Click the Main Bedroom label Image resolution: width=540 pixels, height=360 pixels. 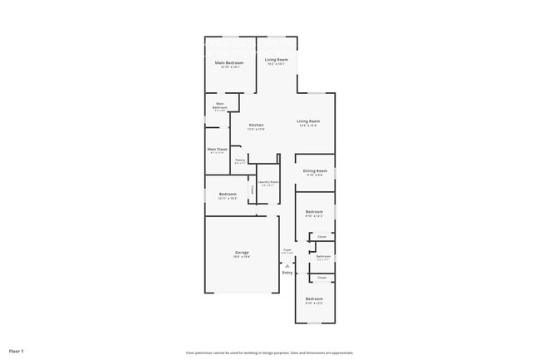[228, 62]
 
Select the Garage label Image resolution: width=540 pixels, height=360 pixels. [241, 252]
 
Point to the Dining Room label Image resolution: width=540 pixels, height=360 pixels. [315, 170]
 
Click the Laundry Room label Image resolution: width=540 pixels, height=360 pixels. [268, 181]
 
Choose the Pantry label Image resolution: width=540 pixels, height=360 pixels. [239, 160]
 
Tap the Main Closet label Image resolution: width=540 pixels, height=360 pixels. [218, 149]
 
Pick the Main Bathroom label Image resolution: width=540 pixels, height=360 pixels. [220, 106]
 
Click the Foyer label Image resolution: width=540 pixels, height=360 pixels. [287, 249]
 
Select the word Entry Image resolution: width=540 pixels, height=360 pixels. [287, 273]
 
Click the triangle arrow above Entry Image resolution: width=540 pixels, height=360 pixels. [287, 265]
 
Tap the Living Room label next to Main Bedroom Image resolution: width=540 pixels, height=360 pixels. [277, 59]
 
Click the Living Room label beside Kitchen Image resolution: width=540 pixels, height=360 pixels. [309, 121]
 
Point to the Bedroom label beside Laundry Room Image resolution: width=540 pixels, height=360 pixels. [228, 194]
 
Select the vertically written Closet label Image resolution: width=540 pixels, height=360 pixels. [253, 190]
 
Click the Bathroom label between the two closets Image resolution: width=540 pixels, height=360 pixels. [323, 256]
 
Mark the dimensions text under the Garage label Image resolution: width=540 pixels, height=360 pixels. [241, 257]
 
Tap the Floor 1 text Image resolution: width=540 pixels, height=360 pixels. [17, 351]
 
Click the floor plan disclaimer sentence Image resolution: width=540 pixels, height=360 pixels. [269, 353]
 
